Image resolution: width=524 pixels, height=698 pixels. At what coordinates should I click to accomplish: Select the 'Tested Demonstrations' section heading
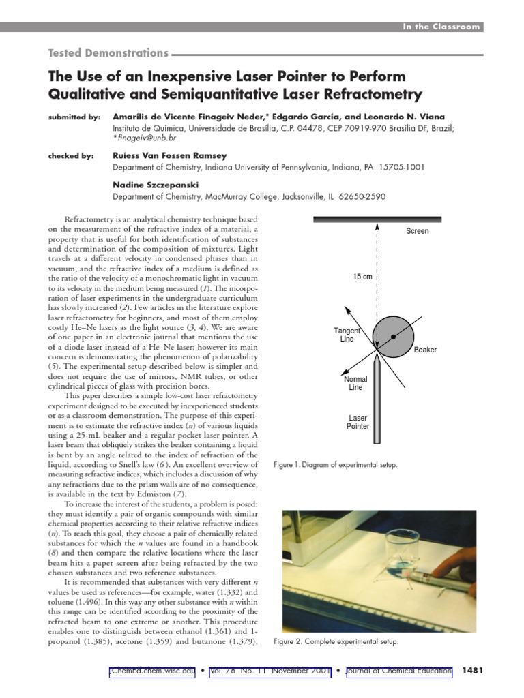pyautogui.click(x=107, y=52)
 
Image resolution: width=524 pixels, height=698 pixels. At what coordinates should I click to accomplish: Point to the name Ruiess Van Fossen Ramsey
pyautogui.click(x=171, y=155)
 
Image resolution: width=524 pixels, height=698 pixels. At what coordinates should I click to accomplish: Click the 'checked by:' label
pyautogui.click(x=71, y=155)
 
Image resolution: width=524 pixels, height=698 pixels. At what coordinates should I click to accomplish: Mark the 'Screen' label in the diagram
pyautogui.click(x=418, y=231)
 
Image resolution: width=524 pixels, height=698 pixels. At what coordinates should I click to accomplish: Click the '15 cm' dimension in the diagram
pyautogui.click(x=363, y=277)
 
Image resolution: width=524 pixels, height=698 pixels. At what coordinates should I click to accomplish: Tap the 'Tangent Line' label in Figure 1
pyautogui.click(x=347, y=335)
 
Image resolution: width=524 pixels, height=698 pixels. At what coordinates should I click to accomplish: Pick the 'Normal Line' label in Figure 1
pyautogui.click(x=355, y=384)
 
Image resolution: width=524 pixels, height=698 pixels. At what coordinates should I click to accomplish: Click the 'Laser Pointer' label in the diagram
pyautogui.click(x=358, y=422)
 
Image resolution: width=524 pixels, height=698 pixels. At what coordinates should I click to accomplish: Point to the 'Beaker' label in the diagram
pyautogui.click(x=425, y=350)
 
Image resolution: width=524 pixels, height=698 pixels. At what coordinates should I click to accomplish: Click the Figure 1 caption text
pyautogui.click(x=335, y=465)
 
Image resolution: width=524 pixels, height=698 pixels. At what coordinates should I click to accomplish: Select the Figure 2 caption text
pyautogui.click(x=335, y=642)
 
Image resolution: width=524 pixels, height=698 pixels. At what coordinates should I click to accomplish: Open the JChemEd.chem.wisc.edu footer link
pyautogui.click(x=152, y=671)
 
